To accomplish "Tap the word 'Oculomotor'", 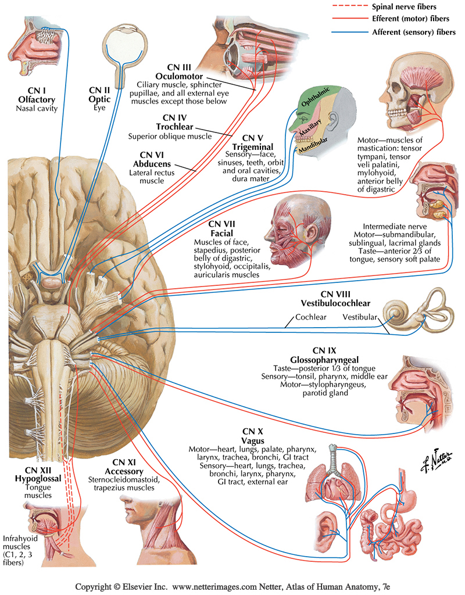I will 178,76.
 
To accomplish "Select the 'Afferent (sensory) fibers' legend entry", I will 413,31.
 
